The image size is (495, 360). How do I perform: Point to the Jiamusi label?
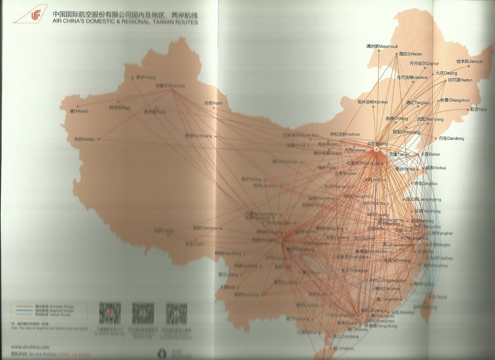click(470, 61)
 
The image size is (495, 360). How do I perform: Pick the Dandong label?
click(451, 138)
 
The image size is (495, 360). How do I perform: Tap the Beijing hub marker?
click(376, 149)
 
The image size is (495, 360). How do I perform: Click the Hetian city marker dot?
click(97, 139)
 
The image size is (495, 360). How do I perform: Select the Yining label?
click(146, 78)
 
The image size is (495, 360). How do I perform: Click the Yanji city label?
click(477, 109)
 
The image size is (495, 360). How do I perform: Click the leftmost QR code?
click(109, 312)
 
